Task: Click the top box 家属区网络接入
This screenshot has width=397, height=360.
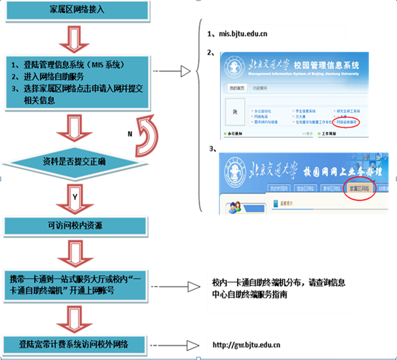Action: [77, 10]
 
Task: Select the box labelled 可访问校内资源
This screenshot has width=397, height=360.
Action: [77, 227]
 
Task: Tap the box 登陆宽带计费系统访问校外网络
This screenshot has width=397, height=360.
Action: [77, 344]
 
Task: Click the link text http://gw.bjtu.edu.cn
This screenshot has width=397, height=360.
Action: [246, 345]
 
